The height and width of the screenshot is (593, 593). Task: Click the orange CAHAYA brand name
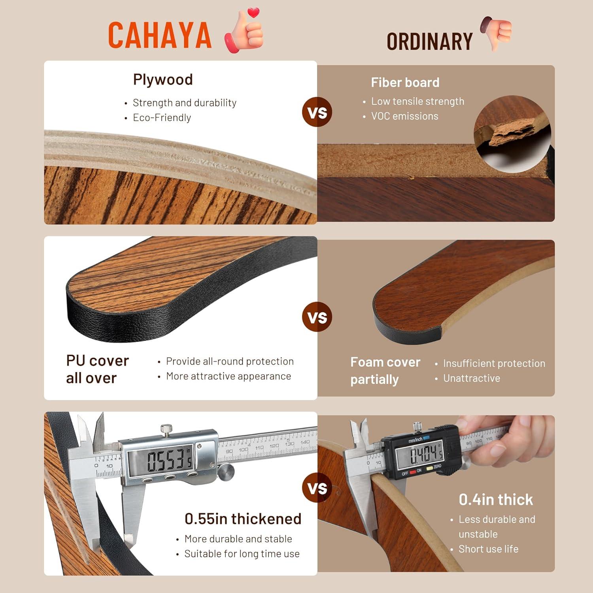[x=160, y=35]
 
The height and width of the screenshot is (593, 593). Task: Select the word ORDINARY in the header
[x=430, y=42]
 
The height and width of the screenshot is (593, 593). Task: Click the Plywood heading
[x=163, y=79]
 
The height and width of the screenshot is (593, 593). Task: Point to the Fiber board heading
[x=405, y=82]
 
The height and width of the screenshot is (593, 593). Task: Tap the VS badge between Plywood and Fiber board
[x=317, y=112]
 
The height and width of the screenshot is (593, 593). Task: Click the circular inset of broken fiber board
[x=512, y=134]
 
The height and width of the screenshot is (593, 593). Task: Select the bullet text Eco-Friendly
[x=162, y=117]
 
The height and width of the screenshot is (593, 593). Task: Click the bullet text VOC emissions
[x=405, y=116]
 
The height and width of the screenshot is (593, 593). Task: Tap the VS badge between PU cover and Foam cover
[x=317, y=317]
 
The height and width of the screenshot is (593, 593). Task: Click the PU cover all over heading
[x=98, y=369]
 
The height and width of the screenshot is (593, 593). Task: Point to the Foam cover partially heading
[x=385, y=371]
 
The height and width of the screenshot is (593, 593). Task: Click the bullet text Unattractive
[x=472, y=378]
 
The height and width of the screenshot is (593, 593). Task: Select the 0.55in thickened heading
[x=243, y=519]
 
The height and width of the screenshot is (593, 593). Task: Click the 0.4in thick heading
[x=496, y=500]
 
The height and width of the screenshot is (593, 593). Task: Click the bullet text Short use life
[x=489, y=549]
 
